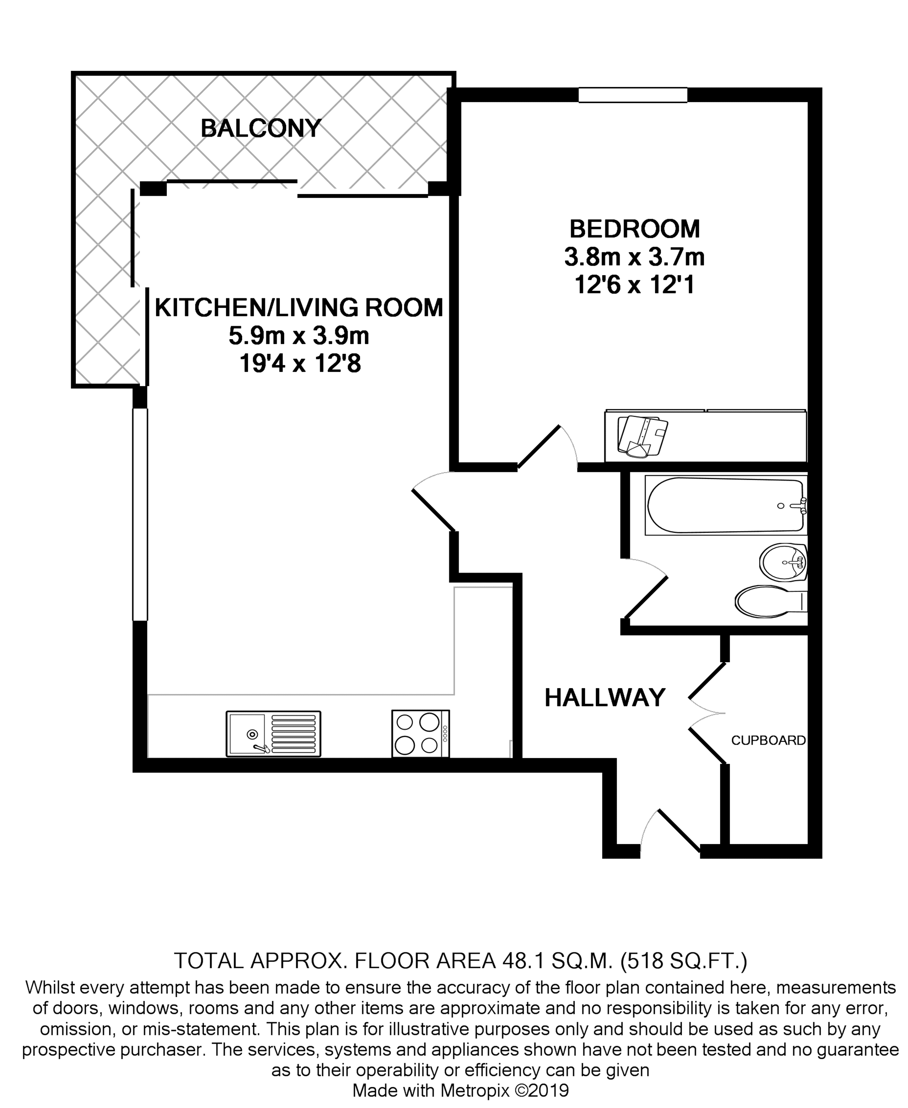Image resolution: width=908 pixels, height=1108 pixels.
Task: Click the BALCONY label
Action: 261,129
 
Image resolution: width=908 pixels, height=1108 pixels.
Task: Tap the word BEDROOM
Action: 634,229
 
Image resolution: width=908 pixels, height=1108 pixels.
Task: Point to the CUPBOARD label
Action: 768,740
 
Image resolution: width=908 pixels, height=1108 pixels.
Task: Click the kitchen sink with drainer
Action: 273,734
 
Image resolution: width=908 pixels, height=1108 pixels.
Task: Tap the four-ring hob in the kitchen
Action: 421,733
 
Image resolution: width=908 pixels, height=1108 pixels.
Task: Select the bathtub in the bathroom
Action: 725,505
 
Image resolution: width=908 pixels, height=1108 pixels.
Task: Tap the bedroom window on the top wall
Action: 633,95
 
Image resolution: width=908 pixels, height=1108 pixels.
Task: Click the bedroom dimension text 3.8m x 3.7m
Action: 634,257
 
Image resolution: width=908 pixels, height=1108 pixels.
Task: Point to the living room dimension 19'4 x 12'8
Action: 300,364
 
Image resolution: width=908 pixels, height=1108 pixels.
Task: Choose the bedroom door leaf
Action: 539,447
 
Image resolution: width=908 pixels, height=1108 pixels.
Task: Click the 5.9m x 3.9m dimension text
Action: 299,336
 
